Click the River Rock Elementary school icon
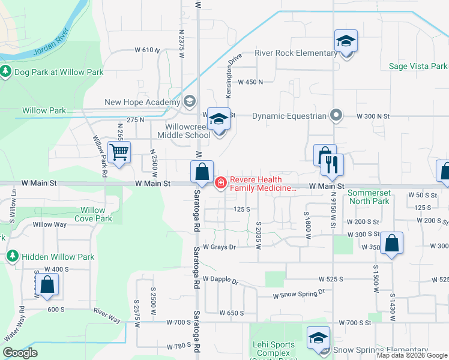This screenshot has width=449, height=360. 346,42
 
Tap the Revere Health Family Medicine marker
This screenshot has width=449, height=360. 220,182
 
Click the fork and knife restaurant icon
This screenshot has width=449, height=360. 332,164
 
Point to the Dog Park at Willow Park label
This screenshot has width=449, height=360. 59,72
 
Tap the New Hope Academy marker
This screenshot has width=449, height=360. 190,101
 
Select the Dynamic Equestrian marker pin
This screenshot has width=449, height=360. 336,115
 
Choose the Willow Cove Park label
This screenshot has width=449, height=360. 93,214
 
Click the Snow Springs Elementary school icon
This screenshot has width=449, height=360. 318,338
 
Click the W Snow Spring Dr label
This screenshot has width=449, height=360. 298,293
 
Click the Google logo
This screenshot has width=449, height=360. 20,353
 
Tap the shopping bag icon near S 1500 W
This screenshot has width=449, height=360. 391,243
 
